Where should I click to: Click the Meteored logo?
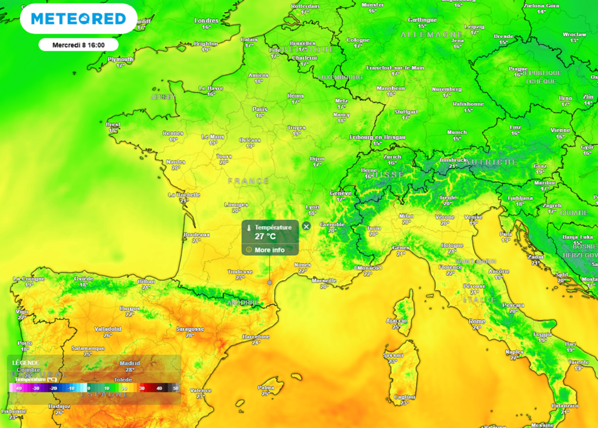click(78, 19)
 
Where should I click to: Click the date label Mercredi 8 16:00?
click(78, 44)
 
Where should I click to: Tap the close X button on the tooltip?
click(307, 227)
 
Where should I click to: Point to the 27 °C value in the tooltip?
click(265, 236)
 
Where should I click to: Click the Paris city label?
click(260, 109)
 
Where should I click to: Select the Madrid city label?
click(130, 363)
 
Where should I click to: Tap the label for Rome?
click(477, 322)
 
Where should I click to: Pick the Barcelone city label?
click(256, 336)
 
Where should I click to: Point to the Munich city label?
click(457, 133)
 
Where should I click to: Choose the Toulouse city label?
click(240, 272)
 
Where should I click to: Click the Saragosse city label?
click(190, 329)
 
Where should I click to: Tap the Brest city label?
click(113, 124)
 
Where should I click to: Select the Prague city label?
click(518, 68)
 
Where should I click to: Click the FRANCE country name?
click(248, 181)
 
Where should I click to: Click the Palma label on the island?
click(266, 387)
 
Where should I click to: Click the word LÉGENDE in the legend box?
click(26, 363)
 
